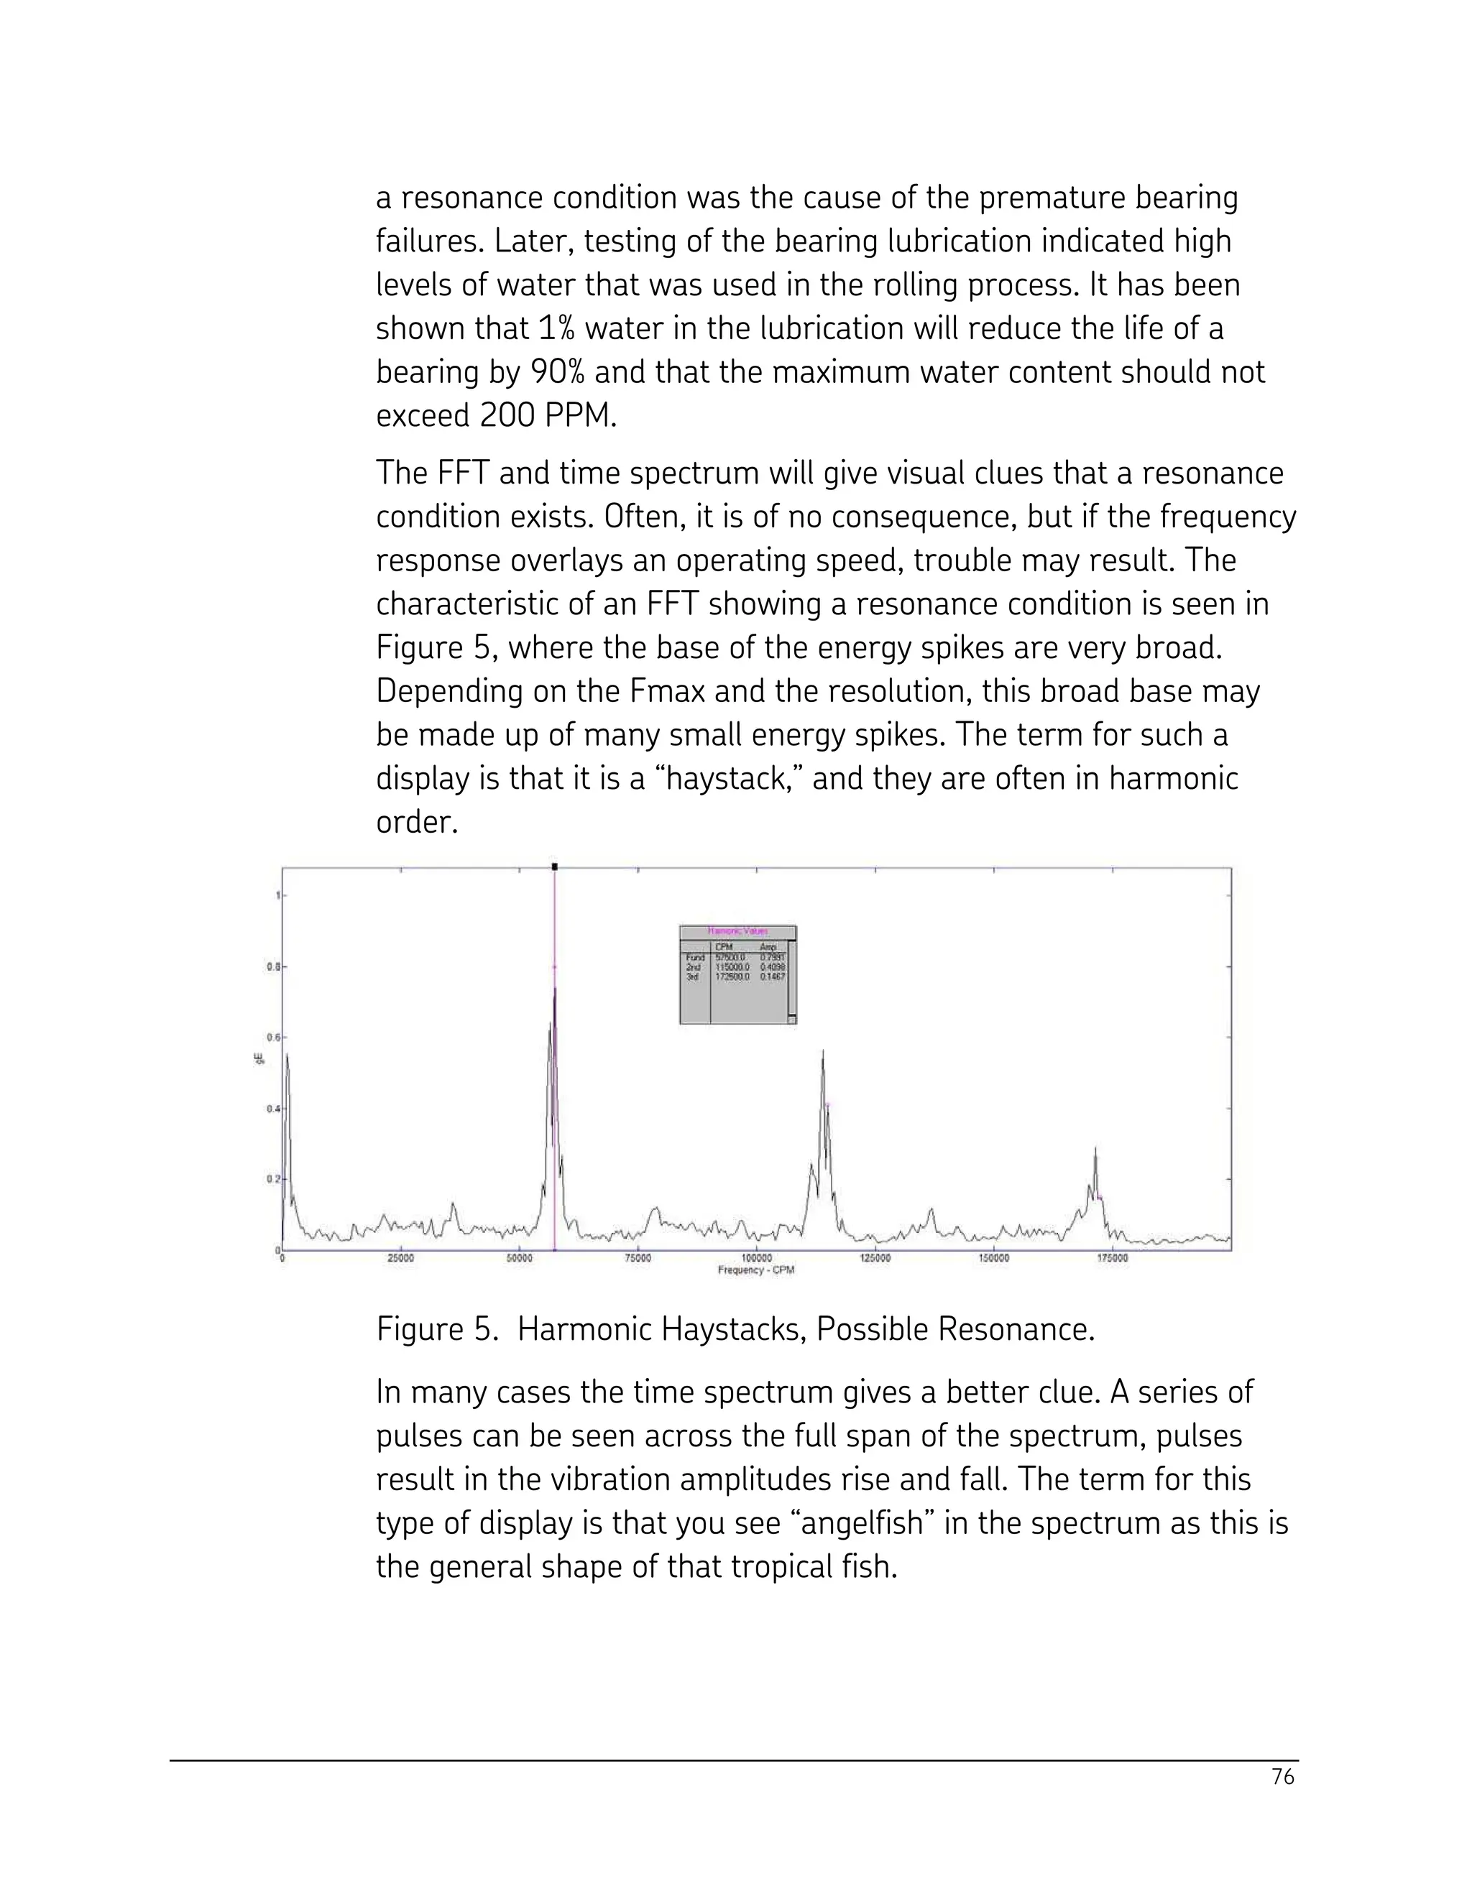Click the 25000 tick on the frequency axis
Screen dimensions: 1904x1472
(x=400, y=1258)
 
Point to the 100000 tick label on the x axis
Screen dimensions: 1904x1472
(x=756, y=1258)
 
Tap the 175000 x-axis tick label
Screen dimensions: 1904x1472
(x=1112, y=1258)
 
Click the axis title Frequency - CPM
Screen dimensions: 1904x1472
(x=755, y=1270)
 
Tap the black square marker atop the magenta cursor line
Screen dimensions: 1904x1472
(x=555, y=866)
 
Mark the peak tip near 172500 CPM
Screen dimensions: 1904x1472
(x=1095, y=1148)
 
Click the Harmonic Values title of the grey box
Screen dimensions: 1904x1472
(x=737, y=931)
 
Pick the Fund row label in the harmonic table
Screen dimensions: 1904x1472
(x=695, y=957)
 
